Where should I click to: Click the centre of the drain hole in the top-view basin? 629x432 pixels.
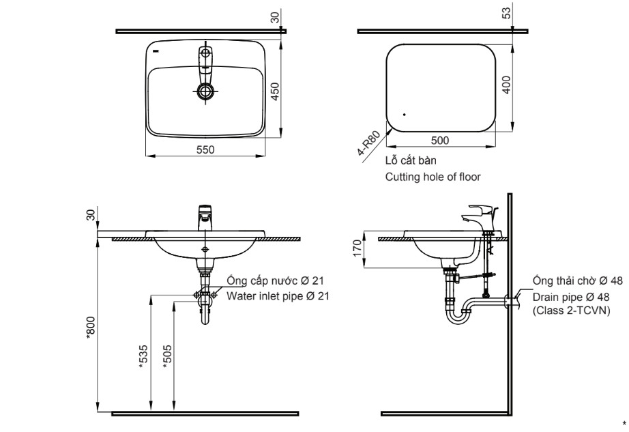coord(205,91)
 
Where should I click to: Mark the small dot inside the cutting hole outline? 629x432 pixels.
coord(405,115)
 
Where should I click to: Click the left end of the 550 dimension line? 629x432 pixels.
coord(145,156)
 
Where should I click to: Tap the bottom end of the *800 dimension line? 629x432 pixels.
coord(98,412)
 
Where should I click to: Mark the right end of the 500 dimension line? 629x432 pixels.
coord(496,147)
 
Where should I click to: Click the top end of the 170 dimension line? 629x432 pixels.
coord(364,231)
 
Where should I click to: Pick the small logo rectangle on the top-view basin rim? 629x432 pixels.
coord(156,51)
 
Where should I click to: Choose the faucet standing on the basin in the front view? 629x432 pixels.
coord(205,218)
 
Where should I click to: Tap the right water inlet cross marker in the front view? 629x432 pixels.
coord(214,295)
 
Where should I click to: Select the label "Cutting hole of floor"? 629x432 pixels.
coord(433,177)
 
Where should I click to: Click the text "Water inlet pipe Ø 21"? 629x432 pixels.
coord(278,296)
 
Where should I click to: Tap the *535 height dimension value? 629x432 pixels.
coord(143,357)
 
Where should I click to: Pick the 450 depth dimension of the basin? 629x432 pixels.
coord(275,91)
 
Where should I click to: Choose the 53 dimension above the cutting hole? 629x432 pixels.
coord(507,13)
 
